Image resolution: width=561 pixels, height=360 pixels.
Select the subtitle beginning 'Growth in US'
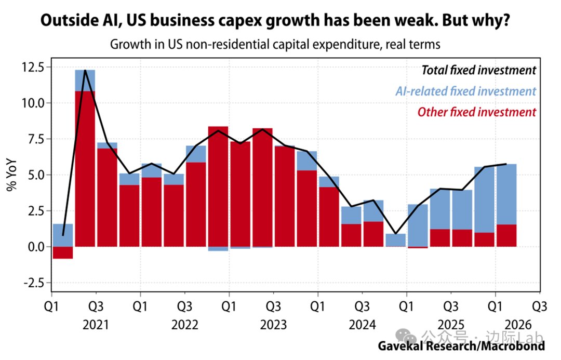[275, 44]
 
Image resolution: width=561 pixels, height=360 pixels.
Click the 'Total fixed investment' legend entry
[479, 70]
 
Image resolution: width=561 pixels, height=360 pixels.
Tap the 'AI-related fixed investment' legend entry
[466, 91]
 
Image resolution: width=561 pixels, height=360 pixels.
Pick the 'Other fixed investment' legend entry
[477, 112]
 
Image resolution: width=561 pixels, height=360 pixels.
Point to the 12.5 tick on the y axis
[33, 68]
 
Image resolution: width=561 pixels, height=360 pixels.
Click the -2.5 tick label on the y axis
[34, 283]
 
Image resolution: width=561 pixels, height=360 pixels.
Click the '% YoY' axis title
[11, 175]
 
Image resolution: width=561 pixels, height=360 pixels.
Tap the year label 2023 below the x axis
[273, 325]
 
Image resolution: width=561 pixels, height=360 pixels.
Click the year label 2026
[518, 325]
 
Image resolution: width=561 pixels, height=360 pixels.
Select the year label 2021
[96, 325]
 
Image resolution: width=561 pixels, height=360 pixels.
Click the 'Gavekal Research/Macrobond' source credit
[462, 346]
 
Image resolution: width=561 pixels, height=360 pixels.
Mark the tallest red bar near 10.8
[85, 169]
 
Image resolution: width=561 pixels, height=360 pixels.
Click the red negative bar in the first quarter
[63, 252]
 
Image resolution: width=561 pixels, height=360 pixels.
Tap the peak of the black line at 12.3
[85, 70]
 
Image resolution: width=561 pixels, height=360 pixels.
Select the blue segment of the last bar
[506, 194]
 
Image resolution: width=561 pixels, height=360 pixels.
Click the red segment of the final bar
[506, 235]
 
